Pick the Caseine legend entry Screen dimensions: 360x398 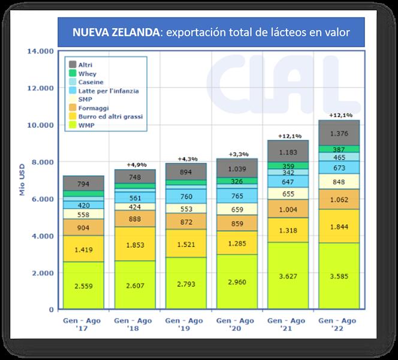click(x=91, y=82)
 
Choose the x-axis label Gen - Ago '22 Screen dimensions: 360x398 click(x=339, y=325)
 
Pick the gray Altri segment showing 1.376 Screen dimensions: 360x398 click(x=339, y=133)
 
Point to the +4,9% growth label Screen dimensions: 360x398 click(x=136, y=164)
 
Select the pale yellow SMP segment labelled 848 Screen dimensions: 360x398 click(x=339, y=182)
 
